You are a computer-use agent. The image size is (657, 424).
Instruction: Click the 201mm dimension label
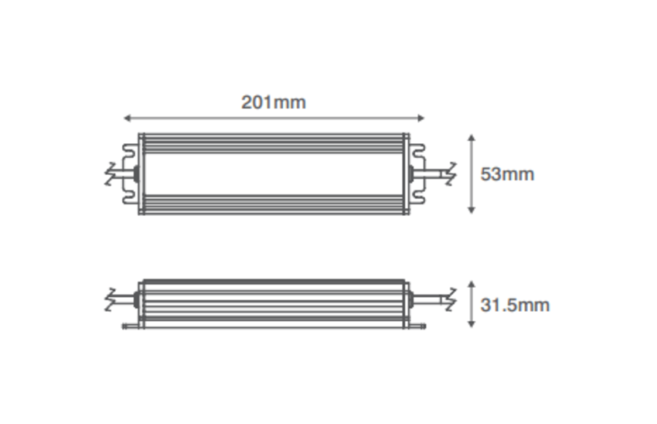click(274, 102)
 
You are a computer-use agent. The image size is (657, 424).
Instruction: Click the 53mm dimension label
click(507, 174)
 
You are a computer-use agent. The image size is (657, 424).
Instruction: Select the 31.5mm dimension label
click(515, 306)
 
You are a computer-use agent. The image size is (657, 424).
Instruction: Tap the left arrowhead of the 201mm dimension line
click(128, 118)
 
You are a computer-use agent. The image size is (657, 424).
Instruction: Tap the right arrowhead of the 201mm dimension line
click(421, 118)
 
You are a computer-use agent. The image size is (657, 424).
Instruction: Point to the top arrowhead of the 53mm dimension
click(471, 138)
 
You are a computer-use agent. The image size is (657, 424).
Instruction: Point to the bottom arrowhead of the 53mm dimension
click(471, 210)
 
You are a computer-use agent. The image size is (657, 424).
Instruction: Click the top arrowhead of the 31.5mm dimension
click(471, 285)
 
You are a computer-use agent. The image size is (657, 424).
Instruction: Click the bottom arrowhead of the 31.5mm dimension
click(471, 323)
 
